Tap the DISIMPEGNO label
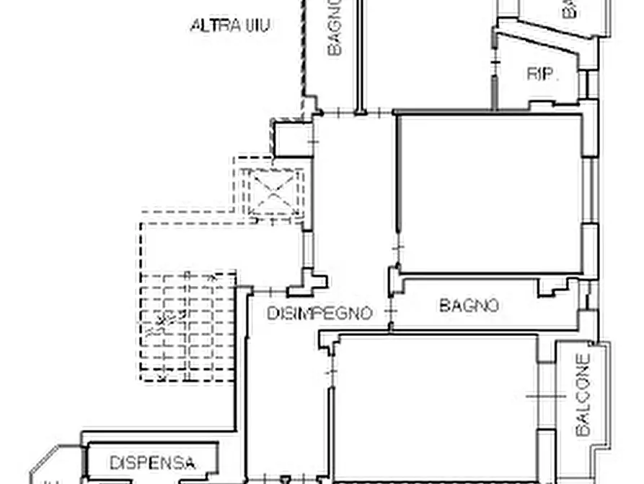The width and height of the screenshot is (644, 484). tap(319, 313)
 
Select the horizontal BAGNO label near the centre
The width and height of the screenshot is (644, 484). tap(469, 306)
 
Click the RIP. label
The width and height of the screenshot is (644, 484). tap(542, 74)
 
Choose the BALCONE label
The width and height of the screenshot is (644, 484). tap(583, 394)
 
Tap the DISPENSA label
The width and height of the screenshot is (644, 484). tap(152, 462)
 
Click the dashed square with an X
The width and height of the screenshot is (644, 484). tap(273, 191)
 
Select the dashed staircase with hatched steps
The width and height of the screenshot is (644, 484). tap(188, 327)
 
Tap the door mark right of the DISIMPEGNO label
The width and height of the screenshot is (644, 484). tap(391, 312)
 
